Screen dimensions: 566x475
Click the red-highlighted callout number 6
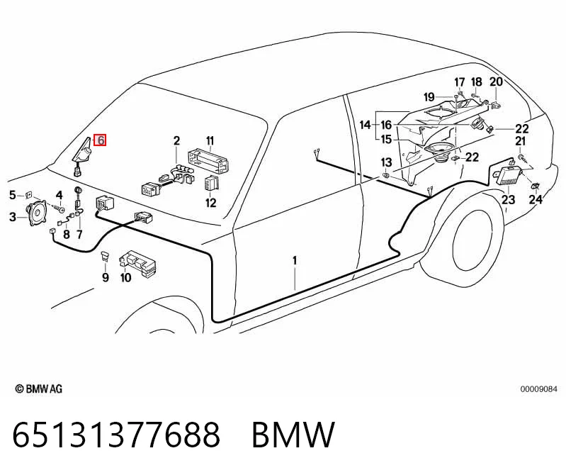pyautogui.click(x=100, y=140)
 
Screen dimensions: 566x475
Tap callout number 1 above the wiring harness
pyautogui.click(x=295, y=260)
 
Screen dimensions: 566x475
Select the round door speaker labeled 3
pyautogui.click(x=37, y=213)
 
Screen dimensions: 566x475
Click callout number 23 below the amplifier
pyautogui.click(x=508, y=199)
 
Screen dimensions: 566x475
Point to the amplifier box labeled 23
pyautogui.click(x=509, y=175)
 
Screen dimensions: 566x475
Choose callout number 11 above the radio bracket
pyautogui.click(x=210, y=140)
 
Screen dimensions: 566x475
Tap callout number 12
pyautogui.click(x=211, y=203)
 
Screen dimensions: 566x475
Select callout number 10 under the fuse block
pyautogui.click(x=125, y=277)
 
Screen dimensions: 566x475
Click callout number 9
pyautogui.click(x=106, y=277)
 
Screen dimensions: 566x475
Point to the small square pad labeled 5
pyautogui.click(x=28, y=195)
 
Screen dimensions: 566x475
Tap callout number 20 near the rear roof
pyautogui.click(x=496, y=82)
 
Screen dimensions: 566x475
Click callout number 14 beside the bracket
pyautogui.click(x=366, y=125)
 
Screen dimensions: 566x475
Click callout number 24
pyautogui.click(x=536, y=199)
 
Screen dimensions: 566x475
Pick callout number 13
pyautogui.click(x=386, y=162)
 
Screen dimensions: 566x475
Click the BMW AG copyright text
pyautogui.click(x=39, y=389)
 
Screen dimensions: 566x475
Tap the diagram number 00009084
pyautogui.click(x=538, y=389)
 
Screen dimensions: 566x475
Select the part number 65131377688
pyautogui.click(x=116, y=434)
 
